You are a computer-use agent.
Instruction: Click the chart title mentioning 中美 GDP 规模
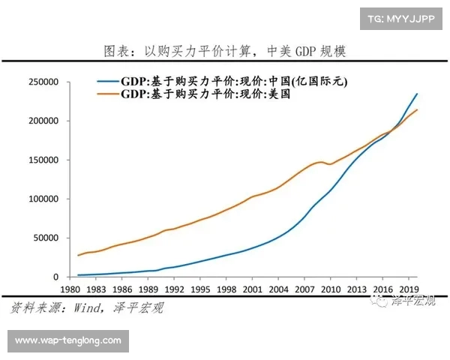click(224, 52)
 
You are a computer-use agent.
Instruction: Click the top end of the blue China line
click(417, 94)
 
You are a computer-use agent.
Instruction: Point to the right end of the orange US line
click(417, 110)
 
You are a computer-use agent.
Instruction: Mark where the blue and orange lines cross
click(392, 130)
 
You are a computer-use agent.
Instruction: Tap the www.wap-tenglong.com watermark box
click(68, 340)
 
